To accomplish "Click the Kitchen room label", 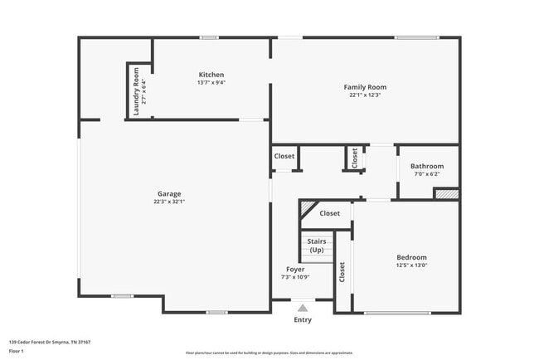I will [x=211, y=75].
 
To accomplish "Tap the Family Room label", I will [x=365, y=87].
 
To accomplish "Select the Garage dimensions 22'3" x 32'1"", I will [x=168, y=202].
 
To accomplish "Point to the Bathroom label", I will [x=426, y=166].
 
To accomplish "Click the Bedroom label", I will [x=411, y=257].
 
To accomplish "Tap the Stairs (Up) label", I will [x=317, y=246].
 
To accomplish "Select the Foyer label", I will [x=295, y=270].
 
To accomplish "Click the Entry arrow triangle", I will [x=303, y=308].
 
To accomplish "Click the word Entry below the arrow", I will [x=303, y=320].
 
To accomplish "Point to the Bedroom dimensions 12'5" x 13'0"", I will [x=411, y=265].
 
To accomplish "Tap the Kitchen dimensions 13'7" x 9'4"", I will [x=211, y=82].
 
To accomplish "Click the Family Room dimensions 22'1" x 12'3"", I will [x=365, y=95].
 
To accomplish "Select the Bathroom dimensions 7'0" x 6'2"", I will [x=426, y=173].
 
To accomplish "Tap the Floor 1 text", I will [x=17, y=351].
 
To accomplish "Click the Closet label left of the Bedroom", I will [x=342, y=271].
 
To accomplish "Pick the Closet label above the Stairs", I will [x=330, y=213].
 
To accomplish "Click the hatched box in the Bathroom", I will [x=446, y=194].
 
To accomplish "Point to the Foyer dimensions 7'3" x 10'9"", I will [x=295, y=278].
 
